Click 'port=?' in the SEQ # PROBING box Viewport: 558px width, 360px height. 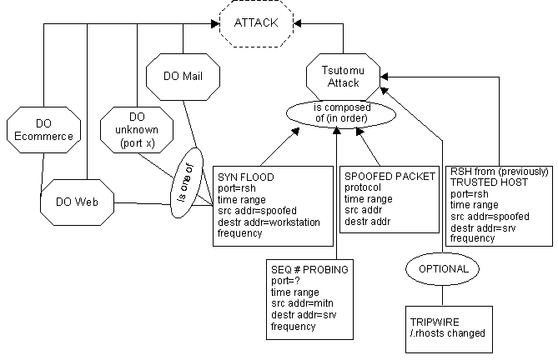point(286,282)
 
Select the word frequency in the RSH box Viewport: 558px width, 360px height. point(473,237)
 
